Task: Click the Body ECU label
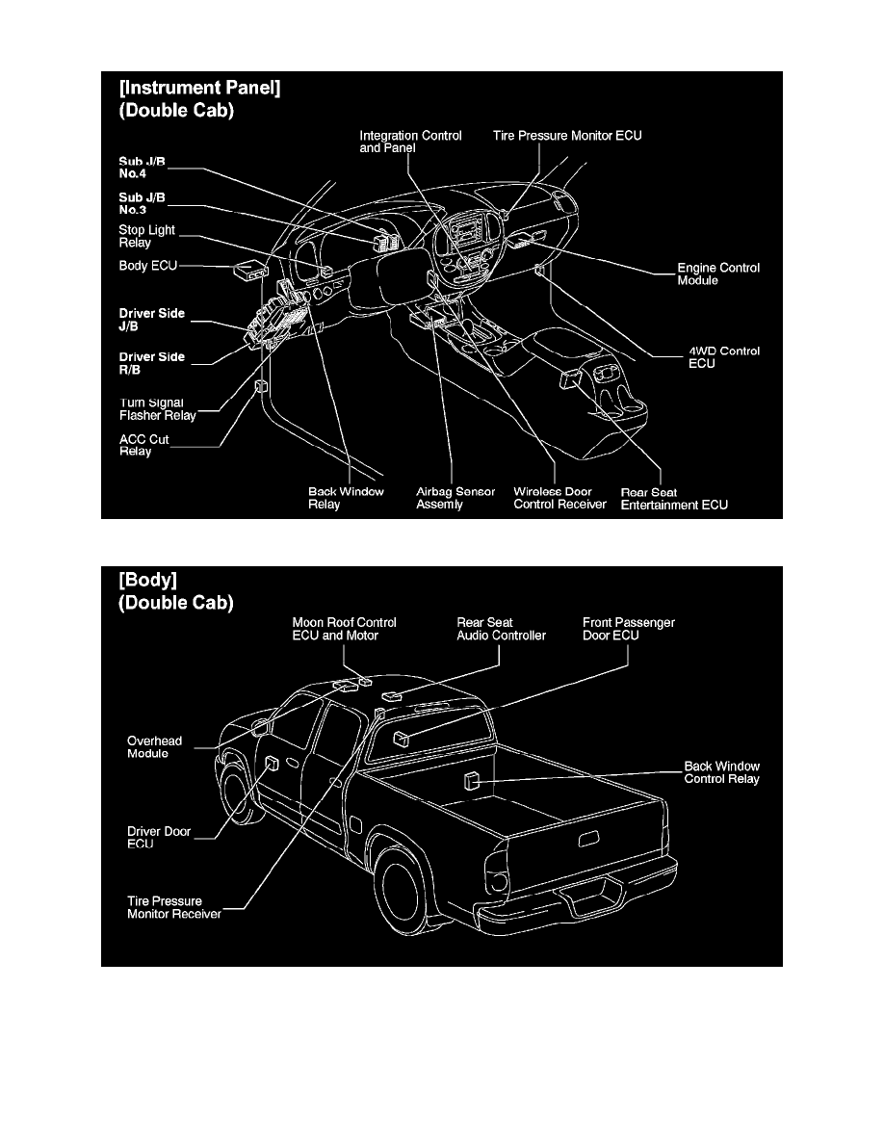point(147,265)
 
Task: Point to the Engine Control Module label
point(718,273)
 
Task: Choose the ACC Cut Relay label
point(143,445)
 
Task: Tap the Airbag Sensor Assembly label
point(455,498)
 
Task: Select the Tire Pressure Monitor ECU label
point(567,136)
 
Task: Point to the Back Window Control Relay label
point(721,772)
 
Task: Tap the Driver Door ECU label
point(159,837)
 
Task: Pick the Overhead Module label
point(154,747)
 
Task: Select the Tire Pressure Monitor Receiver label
point(174,907)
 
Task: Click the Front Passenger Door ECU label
point(628,629)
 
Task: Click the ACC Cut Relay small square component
point(260,387)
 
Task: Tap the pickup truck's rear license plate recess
point(585,840)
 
